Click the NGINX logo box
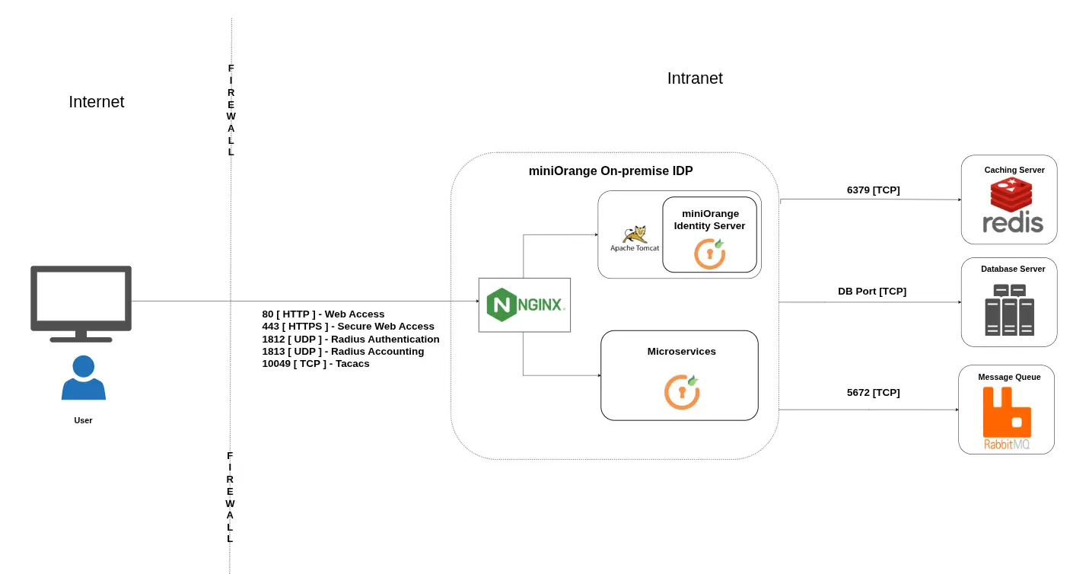tap(524, 305)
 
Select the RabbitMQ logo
tap(1006, 419)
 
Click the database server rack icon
tap(1009, 311)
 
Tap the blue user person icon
tap(83, 378)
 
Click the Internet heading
tap(96, 102)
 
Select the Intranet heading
tap(694, 78)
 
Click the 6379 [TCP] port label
tap(873, 190)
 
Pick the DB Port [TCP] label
tap(871, 292)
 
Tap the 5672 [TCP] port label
tap(873, 393)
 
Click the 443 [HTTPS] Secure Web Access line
tap(348, 327)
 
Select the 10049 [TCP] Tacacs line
tap(315, 364)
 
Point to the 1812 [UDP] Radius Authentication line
tap(350, 340)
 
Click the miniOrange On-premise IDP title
tap(610, 171)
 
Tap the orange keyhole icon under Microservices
tap(682, 391)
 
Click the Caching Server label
tap(1014, 170)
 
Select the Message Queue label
tap(1009, 377)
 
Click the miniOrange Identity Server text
tap(709, 220)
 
